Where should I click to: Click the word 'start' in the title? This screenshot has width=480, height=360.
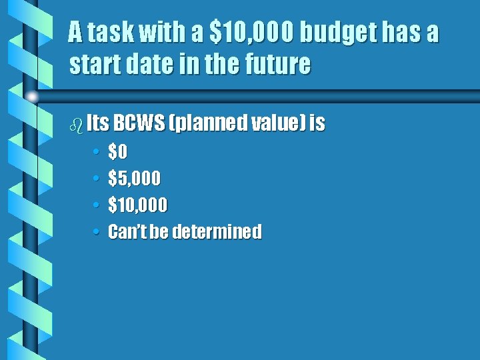92,65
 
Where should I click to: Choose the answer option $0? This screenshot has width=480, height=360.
117,153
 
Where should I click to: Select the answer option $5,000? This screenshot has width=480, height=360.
134,179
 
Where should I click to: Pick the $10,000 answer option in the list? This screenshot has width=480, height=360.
137,205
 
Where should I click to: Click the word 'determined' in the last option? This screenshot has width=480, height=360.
217,232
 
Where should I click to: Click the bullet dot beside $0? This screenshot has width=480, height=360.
96,153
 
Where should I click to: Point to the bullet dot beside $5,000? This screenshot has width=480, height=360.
96,179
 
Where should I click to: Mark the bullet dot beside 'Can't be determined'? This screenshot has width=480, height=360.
96,232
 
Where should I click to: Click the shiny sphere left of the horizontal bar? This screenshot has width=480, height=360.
32,97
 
